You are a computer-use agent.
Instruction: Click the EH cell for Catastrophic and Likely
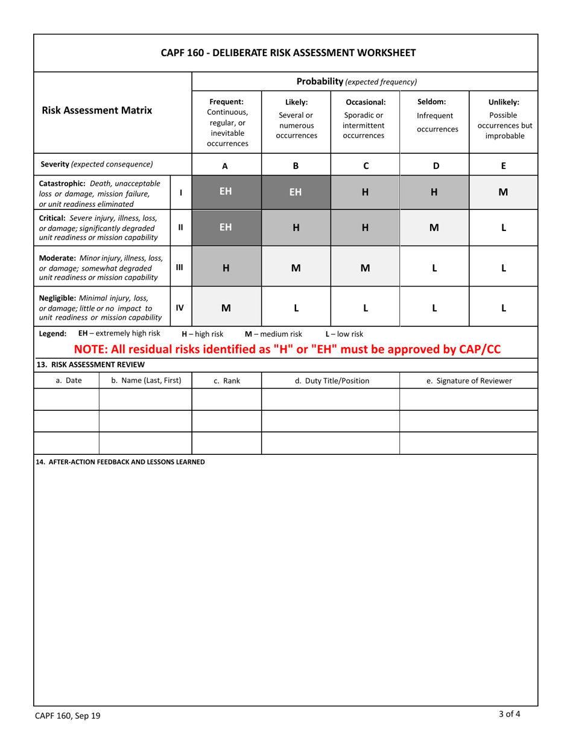click(296, 192)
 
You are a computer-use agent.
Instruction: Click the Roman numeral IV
click(181, 306)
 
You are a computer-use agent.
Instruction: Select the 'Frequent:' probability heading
click(226, 101)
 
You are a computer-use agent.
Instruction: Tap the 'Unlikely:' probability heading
click(504, 101)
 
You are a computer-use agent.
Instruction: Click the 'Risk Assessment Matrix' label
click(97, 110)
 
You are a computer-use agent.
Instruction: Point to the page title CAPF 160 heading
click(288, 52)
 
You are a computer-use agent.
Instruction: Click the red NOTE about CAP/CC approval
click(287, 349)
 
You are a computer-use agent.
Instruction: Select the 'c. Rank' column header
click(226, 381)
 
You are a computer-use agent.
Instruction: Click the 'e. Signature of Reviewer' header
click(469, 381)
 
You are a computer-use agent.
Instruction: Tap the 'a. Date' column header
click(66, 381)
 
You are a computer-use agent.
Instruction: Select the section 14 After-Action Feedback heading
click(120, 462)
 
